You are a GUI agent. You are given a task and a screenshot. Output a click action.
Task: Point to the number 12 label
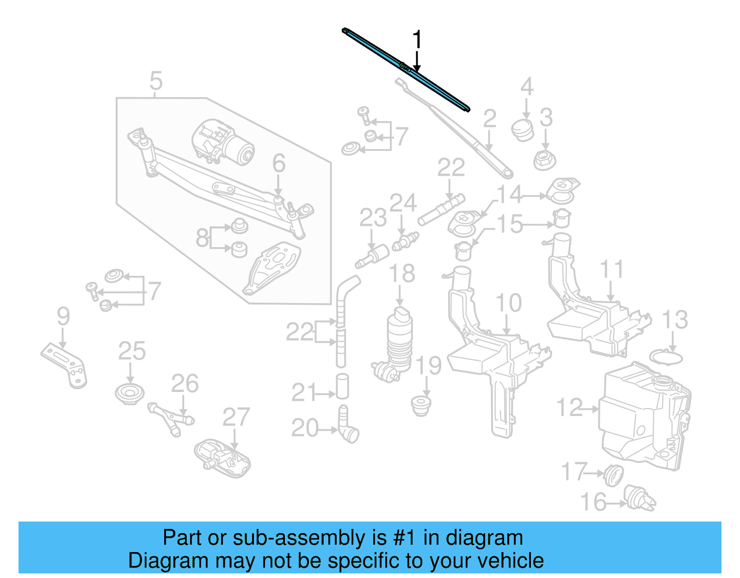pyautogui.click(x=569, y=408)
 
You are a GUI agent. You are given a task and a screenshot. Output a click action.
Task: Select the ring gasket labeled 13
pyautogui.click(x=666, y=358)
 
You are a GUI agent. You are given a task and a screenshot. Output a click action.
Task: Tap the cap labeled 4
pyautogui.click(x=523, y=129)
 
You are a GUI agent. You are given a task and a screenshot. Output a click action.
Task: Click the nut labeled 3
pyautogui.click(x=544, y=160)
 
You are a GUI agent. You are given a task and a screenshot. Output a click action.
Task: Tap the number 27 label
pyautogui.click(x=236, y=417)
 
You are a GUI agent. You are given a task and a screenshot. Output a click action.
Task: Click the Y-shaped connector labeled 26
pyautogui.click(x=171, y=419)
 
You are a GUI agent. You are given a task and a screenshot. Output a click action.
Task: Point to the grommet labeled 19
pyautogui.click(x=421, y=405)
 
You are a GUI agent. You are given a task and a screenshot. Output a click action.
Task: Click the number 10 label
pyautogui.click(x=508, y=303)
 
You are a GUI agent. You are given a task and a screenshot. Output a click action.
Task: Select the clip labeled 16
pyautogui.click(x=641, y=498)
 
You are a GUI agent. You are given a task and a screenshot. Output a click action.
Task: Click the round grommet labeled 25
pyautogui.click(x=129, y=394)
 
